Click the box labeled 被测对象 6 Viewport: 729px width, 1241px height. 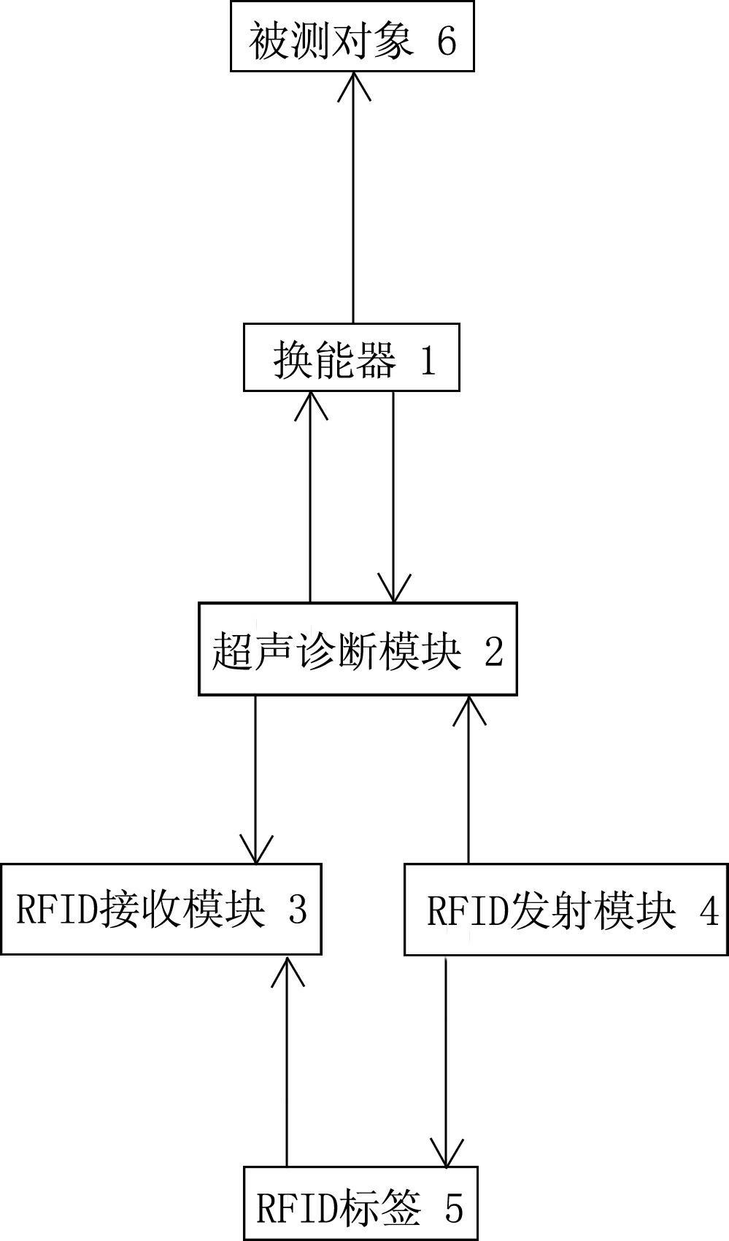(352, 36)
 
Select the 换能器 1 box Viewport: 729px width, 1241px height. (352, 358)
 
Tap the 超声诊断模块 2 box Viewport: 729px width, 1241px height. (358, 649)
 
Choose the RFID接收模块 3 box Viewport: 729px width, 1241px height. (161, 909)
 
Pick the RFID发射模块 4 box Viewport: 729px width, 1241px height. (566, 909)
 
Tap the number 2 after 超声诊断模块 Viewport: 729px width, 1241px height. (493, 651)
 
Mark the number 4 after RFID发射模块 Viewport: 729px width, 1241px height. (709, 910)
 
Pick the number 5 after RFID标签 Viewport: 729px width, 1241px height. (454, 1207)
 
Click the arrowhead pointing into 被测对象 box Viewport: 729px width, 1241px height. (354, 86)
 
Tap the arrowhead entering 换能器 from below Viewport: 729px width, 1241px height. (310, 405)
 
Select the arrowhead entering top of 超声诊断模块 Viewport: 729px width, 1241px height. (393, 588)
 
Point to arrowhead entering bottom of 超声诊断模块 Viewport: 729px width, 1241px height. (469, 710)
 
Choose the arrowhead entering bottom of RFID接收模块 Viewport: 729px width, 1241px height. (288, 970)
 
